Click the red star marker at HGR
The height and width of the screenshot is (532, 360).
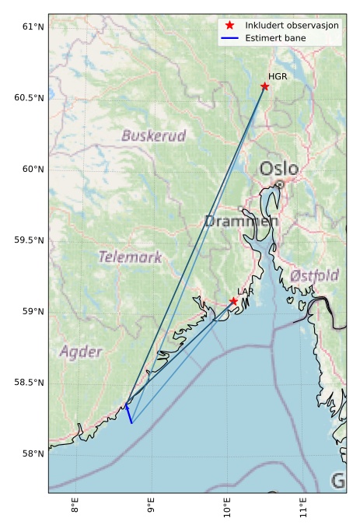point(265,86)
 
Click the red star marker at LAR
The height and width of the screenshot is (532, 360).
point(233,301)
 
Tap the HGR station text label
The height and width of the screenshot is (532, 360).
point(277,76)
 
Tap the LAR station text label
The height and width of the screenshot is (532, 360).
point(246,292)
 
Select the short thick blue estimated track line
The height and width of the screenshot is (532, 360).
point(128,413)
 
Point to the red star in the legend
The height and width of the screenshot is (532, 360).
point(229,26)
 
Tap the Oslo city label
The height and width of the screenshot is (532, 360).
point(278,169)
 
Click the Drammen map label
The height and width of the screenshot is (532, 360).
point(241,222)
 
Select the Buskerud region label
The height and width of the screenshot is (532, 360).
point(154,136)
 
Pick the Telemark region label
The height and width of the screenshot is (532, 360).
point(130,257)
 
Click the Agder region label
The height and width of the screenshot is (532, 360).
point(81,352)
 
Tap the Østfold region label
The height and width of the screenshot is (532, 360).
point(314,276)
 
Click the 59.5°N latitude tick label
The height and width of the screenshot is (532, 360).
point(29,240)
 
